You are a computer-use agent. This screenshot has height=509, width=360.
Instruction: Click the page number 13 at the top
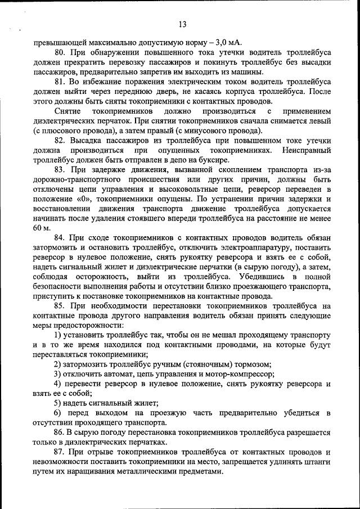[182, 24]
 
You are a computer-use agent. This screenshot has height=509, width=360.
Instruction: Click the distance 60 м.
[42, 228]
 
